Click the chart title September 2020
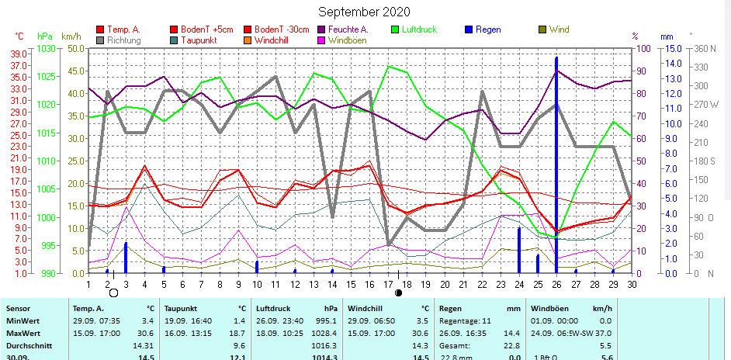tap(364, 12)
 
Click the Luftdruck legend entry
tap(418, 29)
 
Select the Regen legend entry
tap(488, 29)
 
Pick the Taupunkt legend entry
tap(200, 40)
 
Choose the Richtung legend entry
tap(124, 40)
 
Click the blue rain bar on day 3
tap(126, 258)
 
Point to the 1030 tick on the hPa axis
tap(46, 48)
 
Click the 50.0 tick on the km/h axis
tap(74, 48)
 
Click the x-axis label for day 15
tap(351, 285)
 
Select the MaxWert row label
tap(23, 332)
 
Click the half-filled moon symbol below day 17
tap(399, 292)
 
